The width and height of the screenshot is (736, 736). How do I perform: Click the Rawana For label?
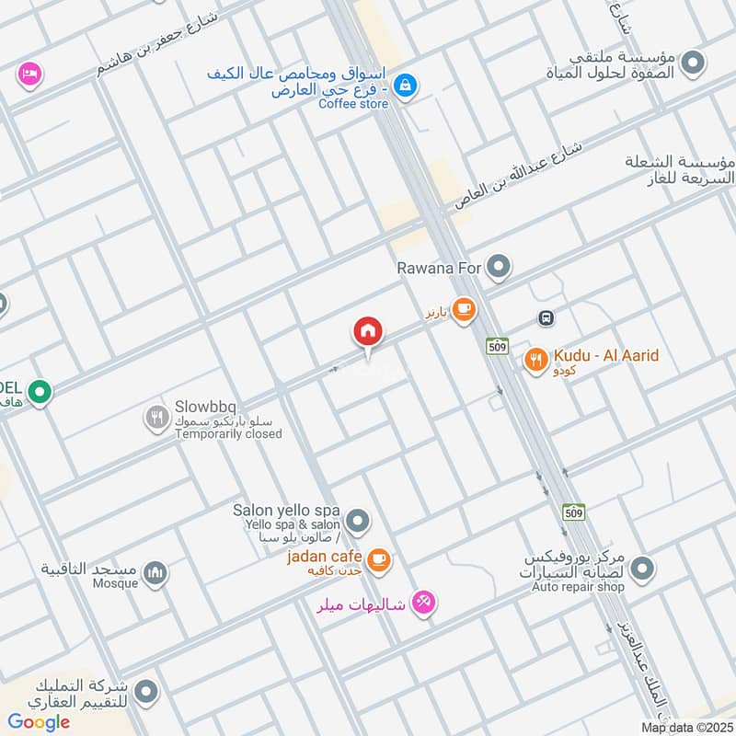440,269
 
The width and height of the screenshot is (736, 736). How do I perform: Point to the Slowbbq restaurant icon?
157,420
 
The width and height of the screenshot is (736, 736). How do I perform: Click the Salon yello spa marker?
359,522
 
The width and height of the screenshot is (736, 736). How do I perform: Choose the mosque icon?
157,574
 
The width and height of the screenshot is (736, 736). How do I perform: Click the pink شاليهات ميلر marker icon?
423,603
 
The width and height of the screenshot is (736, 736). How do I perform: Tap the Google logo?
39,722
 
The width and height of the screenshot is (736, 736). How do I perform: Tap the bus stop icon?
546,318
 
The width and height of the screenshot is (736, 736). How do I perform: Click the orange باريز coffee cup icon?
465,311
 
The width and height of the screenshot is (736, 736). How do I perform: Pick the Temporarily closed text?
228,433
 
